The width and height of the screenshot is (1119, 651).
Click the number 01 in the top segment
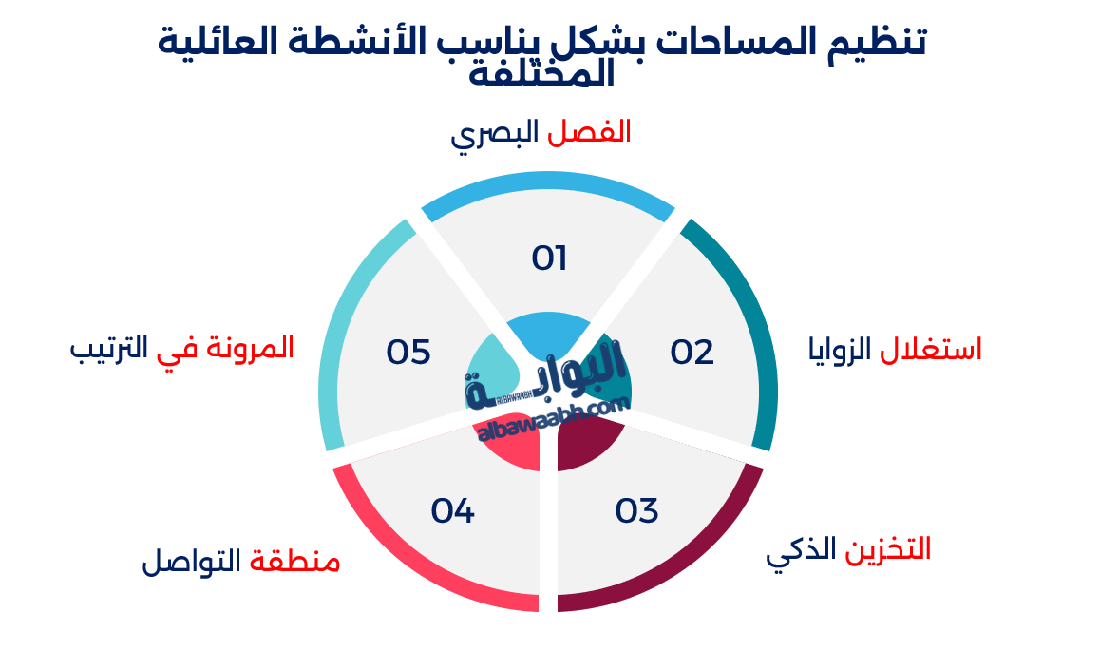[x=549, y=258]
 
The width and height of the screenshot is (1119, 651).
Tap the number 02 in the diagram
[x=692, y=353]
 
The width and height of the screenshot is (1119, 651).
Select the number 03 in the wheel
[x=636, y=511]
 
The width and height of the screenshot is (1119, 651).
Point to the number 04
[x=452, y=511]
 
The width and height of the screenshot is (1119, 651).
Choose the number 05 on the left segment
[x=408, y=353]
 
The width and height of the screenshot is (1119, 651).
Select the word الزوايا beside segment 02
[x=840, y=350]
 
